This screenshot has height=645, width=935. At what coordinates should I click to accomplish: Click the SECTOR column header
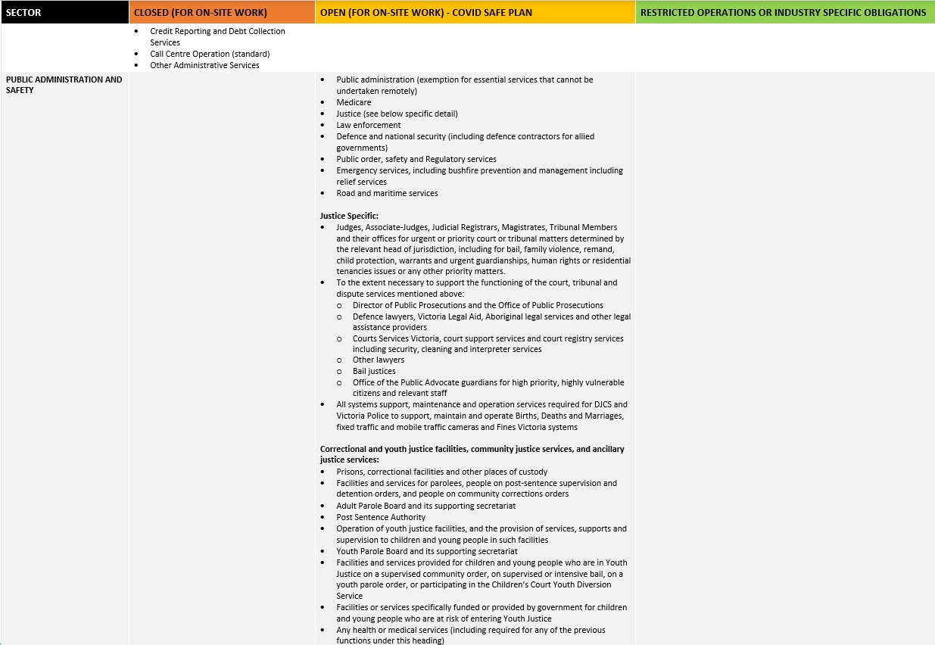click(23, 12)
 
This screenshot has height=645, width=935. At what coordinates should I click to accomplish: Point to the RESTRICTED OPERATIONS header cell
click(782, 12)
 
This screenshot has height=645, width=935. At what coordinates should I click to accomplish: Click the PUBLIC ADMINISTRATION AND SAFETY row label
click(64, 85)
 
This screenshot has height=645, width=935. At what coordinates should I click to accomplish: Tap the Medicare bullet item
click(354, 102)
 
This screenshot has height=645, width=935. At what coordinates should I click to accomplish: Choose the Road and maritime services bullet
click(387, 193)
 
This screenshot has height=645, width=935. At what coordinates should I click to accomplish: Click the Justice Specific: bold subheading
click(349, 216)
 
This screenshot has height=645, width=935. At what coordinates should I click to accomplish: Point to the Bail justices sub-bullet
click(374, 371)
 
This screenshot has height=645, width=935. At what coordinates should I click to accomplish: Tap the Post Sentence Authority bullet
click(381, 517)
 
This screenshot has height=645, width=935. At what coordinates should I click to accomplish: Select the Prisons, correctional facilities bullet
click(441, 472)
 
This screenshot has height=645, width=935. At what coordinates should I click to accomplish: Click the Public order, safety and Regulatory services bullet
click(416, 159)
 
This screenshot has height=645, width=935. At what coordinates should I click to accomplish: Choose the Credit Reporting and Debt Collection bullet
click(217, 31)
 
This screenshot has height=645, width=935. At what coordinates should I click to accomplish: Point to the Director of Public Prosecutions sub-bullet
click(478, 305)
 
